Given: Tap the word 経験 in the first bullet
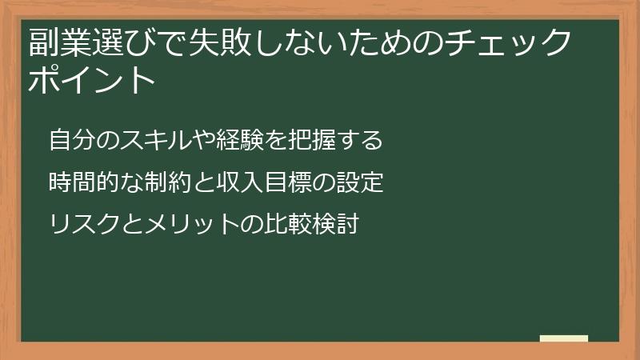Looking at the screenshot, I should click(x=242, y=141).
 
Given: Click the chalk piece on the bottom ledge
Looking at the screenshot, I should click(x=564, y=338).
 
